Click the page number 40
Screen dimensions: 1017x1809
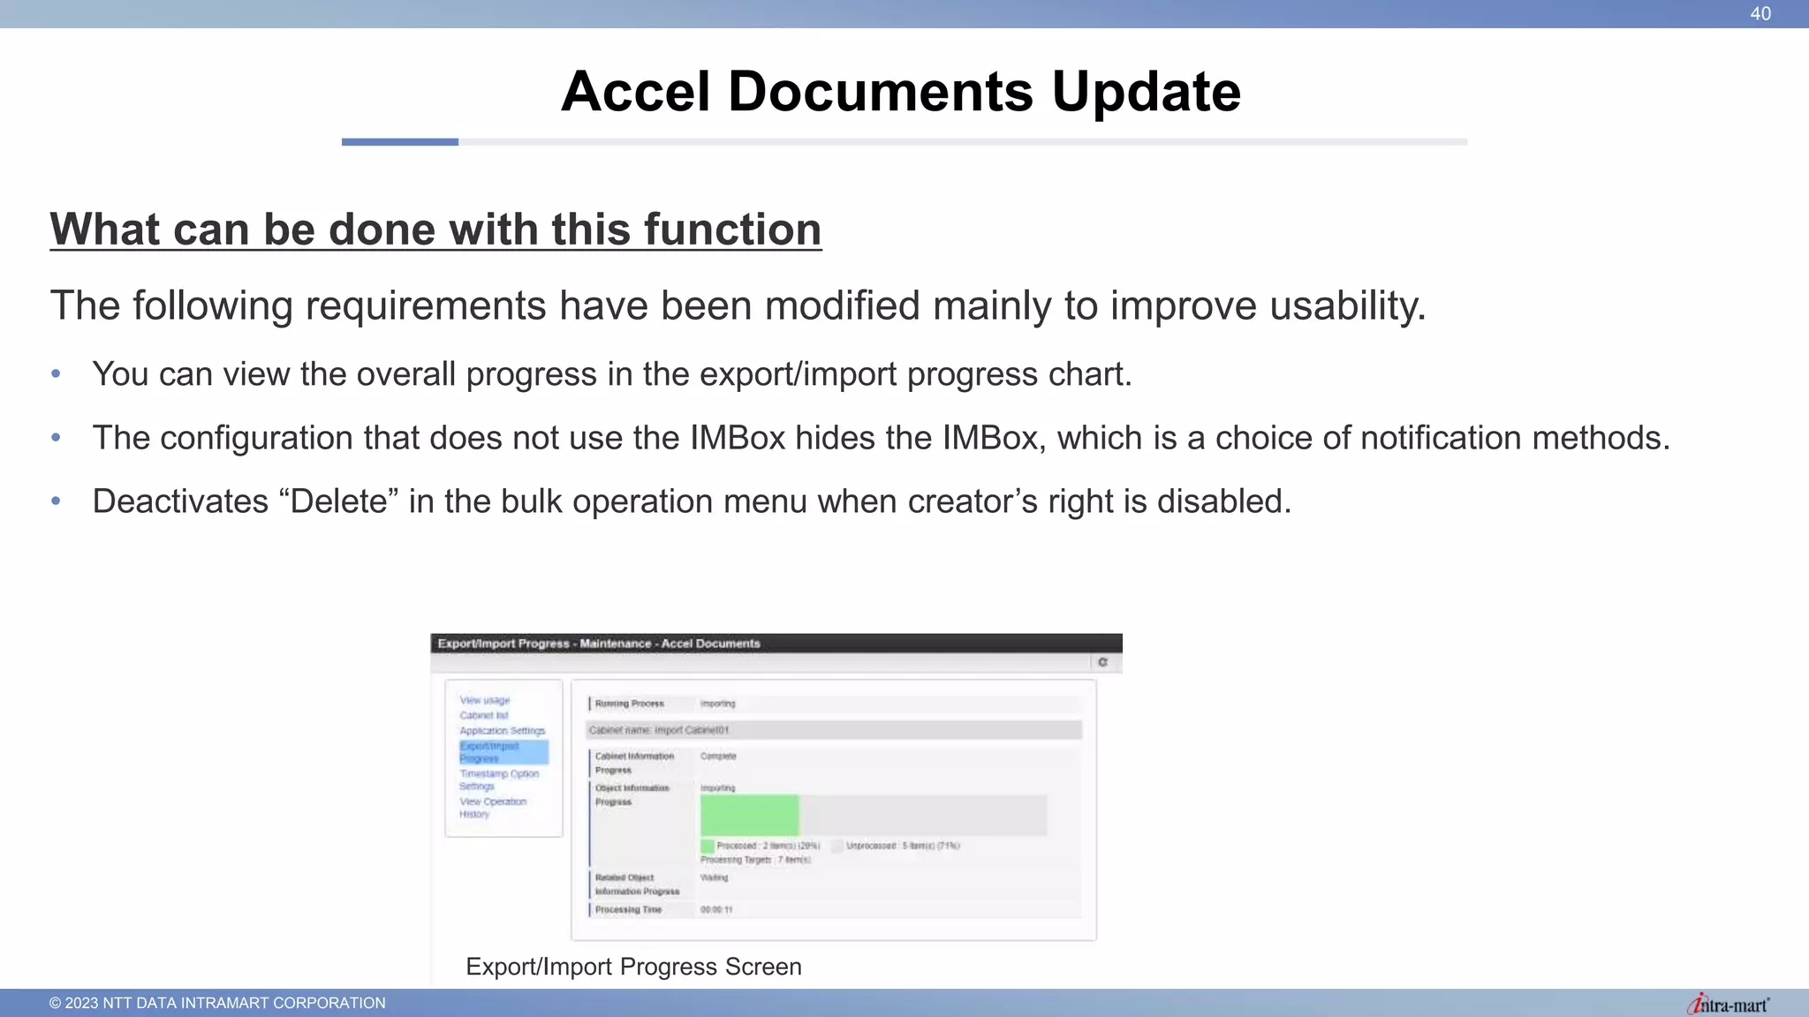1760,13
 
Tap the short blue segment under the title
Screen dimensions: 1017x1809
399,142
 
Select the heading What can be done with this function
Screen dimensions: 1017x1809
435,230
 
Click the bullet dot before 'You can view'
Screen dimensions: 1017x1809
56,374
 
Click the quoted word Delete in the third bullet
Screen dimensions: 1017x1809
339,501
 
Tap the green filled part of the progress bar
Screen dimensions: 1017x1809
749,814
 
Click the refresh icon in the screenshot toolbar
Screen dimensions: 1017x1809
1102,662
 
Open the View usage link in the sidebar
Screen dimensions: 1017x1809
485,700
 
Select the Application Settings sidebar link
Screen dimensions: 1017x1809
502,731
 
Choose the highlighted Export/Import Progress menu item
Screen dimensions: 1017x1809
503,752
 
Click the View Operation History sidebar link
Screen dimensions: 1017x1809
492,808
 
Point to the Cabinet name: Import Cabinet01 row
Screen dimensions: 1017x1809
834,730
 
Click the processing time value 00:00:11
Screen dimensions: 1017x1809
716,909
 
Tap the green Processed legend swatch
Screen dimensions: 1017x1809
707,846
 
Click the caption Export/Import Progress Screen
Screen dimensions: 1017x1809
633,967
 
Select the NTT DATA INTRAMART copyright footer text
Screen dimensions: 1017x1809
217,1003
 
